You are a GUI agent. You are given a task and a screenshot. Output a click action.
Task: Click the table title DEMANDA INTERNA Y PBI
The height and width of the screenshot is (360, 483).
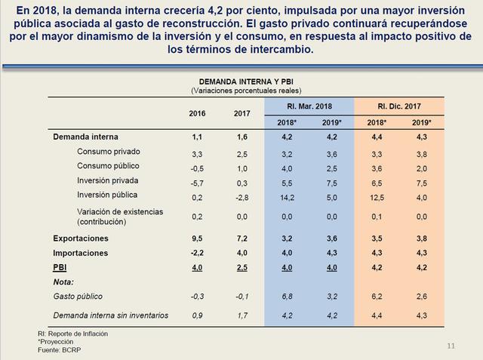pos(241,81)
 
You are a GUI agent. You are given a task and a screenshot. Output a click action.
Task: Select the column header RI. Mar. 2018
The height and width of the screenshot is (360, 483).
pos(309,106)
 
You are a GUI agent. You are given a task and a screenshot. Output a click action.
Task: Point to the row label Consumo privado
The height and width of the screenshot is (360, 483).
pos(109,152)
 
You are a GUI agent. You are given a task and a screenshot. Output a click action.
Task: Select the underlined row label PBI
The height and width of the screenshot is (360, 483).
pos(60,267)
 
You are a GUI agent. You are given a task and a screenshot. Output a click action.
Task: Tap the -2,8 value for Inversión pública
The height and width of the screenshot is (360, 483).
pos(241,196)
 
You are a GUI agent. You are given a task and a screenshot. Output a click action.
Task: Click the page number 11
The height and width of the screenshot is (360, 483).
pos(451,346)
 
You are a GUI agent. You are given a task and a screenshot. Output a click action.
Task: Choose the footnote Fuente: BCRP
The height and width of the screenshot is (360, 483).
pos(61,351)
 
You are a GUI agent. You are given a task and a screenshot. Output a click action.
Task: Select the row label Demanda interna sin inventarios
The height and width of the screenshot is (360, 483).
pos(110,315)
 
